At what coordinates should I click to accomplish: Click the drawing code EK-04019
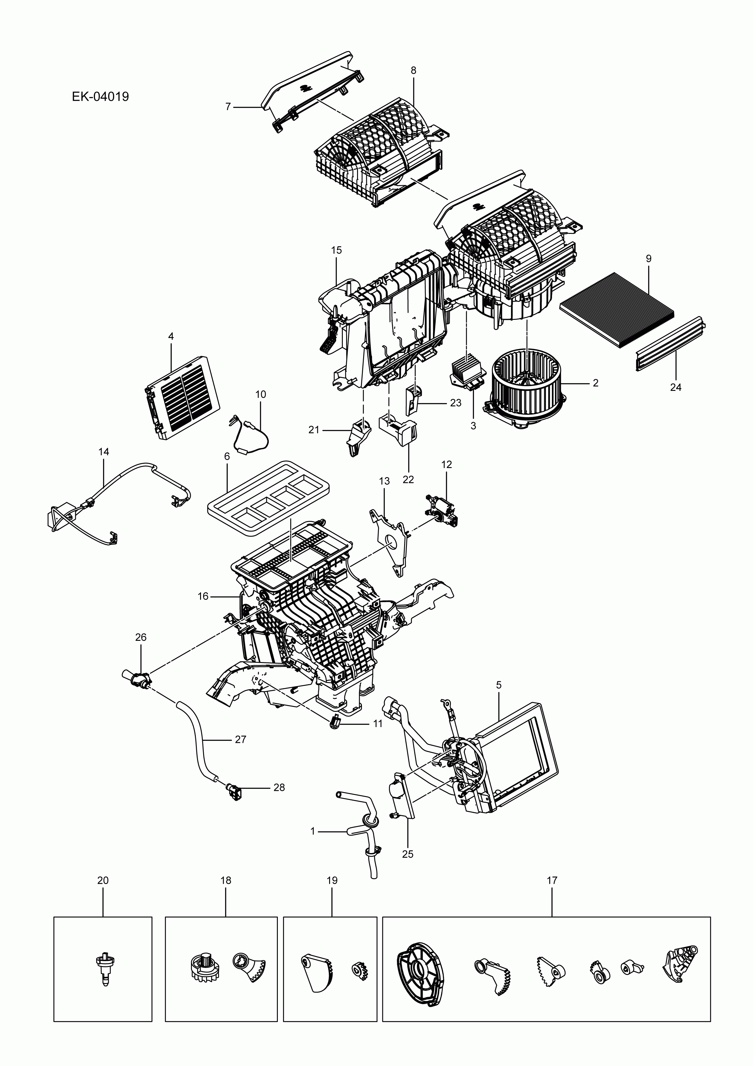[100, 97]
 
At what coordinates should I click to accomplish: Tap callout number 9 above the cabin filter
[649, 259]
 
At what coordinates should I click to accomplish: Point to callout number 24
[676, 387]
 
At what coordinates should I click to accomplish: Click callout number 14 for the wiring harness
[104, 451]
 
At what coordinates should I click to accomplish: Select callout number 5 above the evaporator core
[499, 685]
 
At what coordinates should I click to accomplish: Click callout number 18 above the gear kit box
[226, 880]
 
